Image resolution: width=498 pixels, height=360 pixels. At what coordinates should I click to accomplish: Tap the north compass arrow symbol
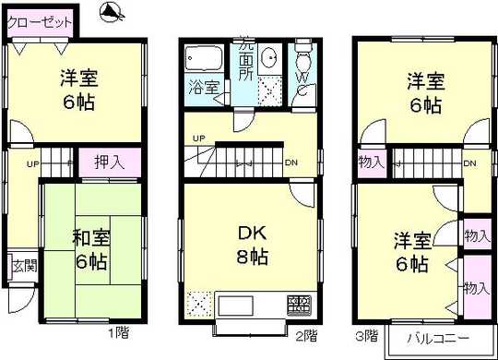coord(113,12)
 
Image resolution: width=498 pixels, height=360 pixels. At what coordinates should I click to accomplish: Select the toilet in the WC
coord(303,56)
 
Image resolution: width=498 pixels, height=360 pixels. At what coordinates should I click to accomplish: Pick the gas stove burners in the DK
coord(302,303)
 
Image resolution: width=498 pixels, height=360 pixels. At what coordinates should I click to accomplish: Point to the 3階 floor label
coord(365,334)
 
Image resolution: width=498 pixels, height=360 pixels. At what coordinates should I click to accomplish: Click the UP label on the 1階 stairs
coord(31,165)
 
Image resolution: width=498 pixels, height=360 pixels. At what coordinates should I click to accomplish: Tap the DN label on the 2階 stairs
coord(291,163)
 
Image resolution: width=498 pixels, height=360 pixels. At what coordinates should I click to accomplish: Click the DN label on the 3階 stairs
coord(468,163)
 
